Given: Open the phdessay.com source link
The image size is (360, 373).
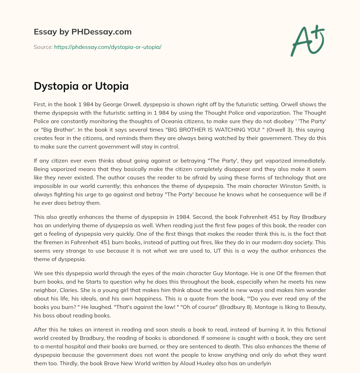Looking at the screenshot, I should tap(108, 47).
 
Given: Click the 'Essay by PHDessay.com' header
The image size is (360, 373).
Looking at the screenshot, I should tap(83, 32).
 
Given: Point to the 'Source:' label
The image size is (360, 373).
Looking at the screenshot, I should tap(43, 47).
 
